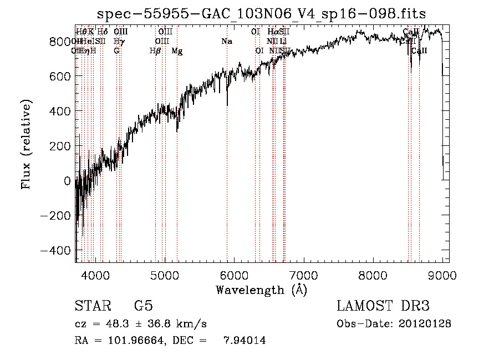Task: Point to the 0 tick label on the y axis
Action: pos(67,181)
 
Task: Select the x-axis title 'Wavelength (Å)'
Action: pos(261,290)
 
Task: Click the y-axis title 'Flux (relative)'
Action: pos(26,144)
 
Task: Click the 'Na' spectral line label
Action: pos(227,42)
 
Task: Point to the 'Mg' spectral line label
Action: pos(177,51)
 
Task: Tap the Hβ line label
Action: pos(155,51)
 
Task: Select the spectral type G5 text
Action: pos(144,306)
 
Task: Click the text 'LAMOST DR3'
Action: pos(383,306)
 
